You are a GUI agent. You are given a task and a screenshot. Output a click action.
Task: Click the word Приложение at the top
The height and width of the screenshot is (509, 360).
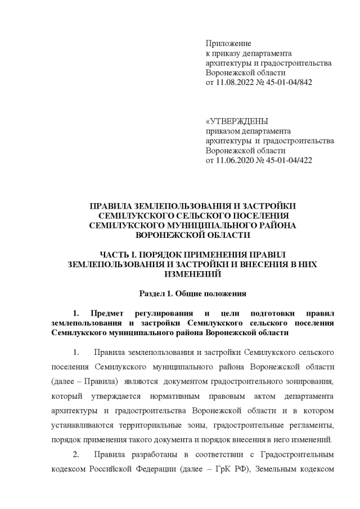pos(228,43)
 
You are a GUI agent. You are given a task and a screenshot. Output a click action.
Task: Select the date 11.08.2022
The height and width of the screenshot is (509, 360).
pos(237,82)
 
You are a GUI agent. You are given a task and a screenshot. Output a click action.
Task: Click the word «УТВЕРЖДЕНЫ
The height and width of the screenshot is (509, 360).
pos(237,121)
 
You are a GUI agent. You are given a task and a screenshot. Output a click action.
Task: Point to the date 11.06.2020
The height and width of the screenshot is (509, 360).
pos(237,160)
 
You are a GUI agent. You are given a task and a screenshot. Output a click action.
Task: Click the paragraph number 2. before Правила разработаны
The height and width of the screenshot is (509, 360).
pos(77,454)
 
